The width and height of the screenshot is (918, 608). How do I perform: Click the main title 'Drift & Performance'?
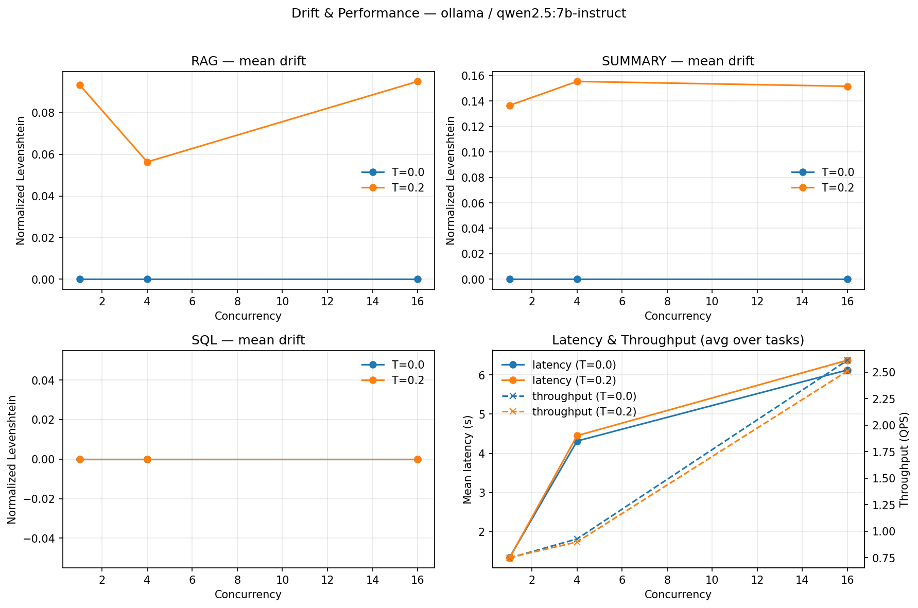[458, 13]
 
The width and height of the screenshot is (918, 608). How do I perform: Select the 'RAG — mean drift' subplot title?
[248, 62]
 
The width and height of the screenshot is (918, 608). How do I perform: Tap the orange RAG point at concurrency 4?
[147, 162]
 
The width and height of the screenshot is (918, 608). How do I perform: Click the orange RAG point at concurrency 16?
[418, 81]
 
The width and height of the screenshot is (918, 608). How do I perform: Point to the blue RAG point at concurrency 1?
[80, 279]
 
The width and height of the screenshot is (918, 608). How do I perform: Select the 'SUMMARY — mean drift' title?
[678, 62]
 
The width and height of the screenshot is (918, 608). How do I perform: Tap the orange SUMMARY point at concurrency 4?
[577, 81]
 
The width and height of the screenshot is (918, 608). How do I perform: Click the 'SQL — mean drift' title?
[248, 340]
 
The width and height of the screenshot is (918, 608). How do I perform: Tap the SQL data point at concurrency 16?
[418, 459]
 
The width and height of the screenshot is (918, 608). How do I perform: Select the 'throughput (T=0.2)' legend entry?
[584, 412]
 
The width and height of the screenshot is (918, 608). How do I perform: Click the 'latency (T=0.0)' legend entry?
[574, 365]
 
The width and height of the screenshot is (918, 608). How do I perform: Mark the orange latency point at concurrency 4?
[577, 436]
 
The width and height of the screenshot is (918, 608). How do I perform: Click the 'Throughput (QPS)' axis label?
[905, 459]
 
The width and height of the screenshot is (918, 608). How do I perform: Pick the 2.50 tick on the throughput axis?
[881, 372]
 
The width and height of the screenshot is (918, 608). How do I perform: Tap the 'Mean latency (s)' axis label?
[467, 459]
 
